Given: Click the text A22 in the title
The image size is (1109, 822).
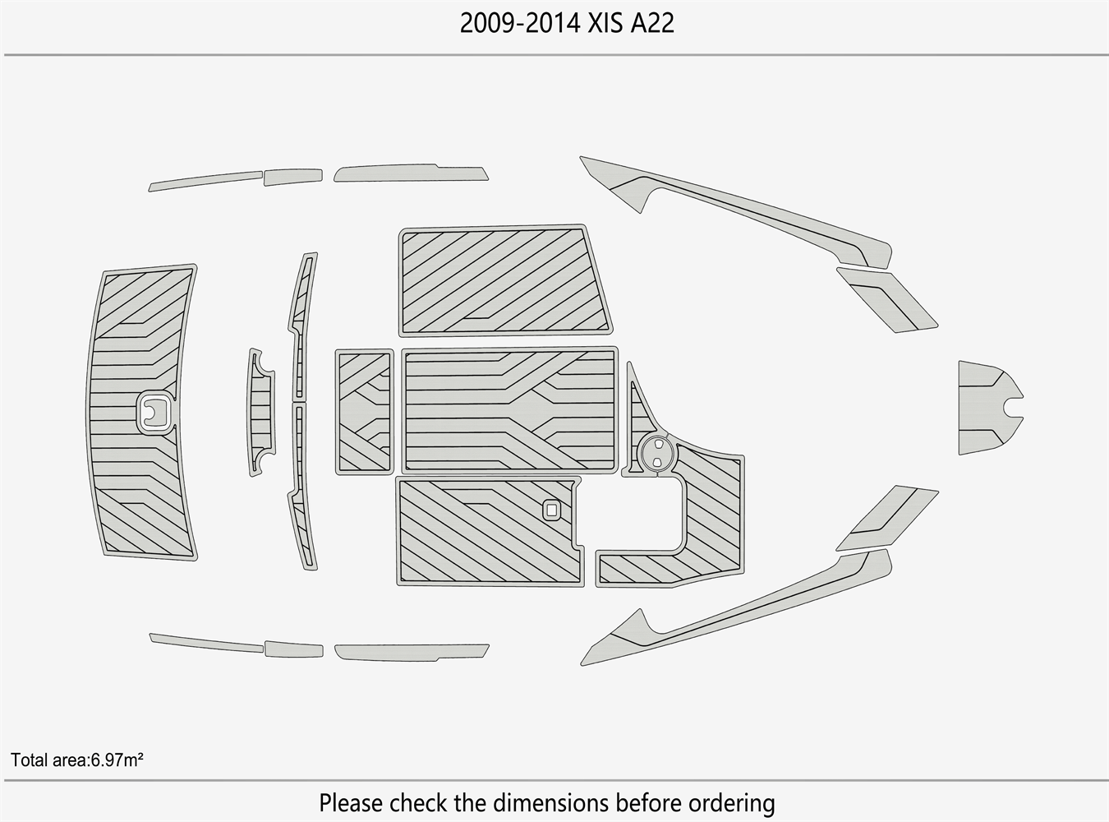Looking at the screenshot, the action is [652, 23].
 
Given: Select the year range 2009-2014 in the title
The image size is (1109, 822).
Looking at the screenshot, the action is [520, 23].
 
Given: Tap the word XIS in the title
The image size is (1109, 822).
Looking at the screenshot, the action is [605, 23].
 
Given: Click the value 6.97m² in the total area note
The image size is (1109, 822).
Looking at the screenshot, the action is [117, 760].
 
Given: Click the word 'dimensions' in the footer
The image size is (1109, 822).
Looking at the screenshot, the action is [551, 802].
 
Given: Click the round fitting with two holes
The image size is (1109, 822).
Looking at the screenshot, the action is [657, 452].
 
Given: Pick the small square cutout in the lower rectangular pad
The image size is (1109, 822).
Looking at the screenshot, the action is [551, 510].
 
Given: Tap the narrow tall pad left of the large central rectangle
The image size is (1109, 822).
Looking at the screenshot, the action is [365, 412].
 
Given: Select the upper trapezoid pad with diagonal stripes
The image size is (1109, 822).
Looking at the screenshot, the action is [505, 280].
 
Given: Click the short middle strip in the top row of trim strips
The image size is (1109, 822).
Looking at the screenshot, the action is [293, 177].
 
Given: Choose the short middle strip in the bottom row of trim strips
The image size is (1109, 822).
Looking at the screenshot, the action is [294, 649].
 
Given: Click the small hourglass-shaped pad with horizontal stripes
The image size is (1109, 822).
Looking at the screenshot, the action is [261, 413].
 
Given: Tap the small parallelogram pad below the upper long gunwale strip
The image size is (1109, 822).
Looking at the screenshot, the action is [887, 300].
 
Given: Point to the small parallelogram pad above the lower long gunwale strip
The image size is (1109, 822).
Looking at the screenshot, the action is [887, 518].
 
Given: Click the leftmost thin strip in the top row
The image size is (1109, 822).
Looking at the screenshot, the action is [205, 181].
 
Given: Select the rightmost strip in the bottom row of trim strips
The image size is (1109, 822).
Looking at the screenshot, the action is [412, 653].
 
